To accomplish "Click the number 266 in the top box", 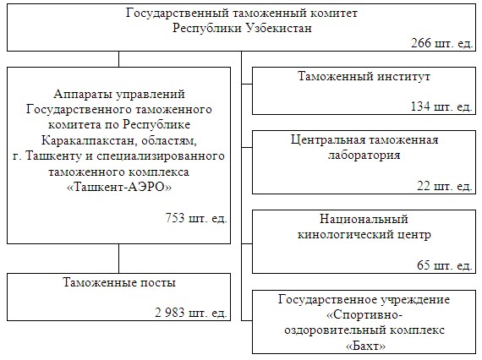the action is (x=421, y=43).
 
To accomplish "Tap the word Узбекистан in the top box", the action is (x=279, y=28).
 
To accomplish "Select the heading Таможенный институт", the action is (x=364, y=76).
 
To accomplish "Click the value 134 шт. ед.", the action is (x=441, y=106).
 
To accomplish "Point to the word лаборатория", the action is (x=364, y=155).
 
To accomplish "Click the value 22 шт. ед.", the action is (x=445, y=186).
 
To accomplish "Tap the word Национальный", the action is (x=364, y=219).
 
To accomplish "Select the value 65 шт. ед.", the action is (x=445, y=265).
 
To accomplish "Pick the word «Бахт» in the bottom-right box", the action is (x=366, y=346).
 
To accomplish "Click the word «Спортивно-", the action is (x=364, y=315).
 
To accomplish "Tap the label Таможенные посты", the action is (x=119, y=282).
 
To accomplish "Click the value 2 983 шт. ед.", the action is (x=191, y=313).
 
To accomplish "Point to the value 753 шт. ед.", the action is (x=196, y=218).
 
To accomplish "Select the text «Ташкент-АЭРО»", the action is (x=119, y=187).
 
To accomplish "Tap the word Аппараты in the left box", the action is (x=83, y=94).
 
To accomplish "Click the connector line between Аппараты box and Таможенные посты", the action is (x=118, y=259).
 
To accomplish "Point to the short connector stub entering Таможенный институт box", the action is (x=247, y=84).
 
